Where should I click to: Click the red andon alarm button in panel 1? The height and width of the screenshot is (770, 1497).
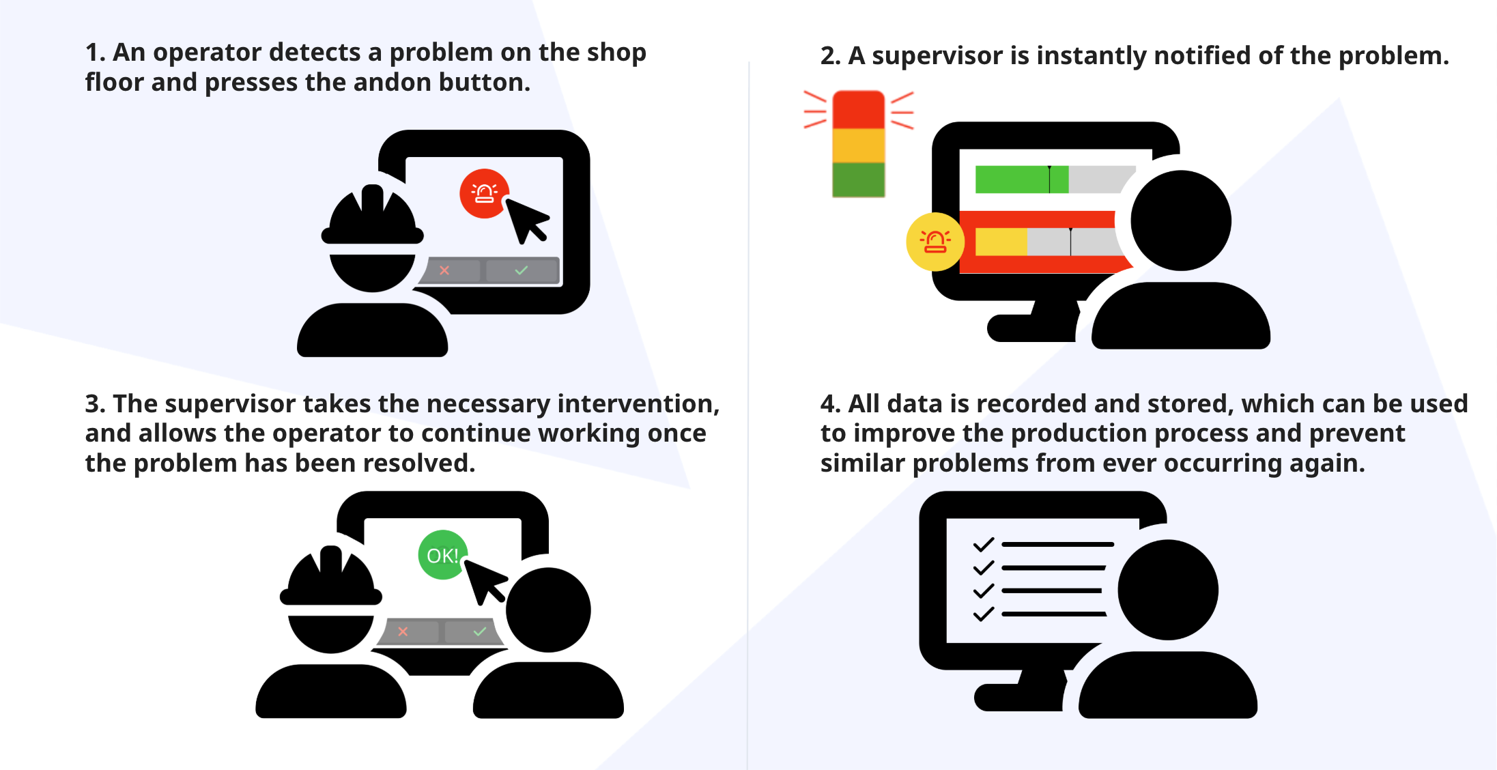coord(484,193)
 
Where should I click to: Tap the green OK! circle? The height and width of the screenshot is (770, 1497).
coord(442,555)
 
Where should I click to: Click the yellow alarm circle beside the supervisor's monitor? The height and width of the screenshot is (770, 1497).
coord(935,242)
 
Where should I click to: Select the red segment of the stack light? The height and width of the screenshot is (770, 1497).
coord(858,109)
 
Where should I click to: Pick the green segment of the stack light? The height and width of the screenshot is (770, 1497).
coord(858,180)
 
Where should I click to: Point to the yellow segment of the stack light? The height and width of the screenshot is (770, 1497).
coord(858,145)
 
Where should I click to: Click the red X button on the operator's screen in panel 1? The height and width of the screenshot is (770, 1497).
coord(444,270)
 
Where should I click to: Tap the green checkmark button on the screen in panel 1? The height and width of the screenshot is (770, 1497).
coord(522,270)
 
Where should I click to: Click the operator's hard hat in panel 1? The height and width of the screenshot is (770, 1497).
coord(372,215)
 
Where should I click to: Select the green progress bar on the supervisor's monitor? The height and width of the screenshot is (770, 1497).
coord(1021,180)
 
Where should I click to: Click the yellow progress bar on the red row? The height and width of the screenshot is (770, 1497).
coord(1001,242)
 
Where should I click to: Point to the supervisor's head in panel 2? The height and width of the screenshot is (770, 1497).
coord(1180,220)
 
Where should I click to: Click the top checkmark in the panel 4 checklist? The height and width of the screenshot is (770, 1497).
coord(983,545)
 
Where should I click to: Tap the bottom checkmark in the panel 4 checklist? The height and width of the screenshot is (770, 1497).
coord(983,614)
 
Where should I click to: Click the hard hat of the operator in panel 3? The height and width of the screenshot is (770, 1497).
coord(331,576)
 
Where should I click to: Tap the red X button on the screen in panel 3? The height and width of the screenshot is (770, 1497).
coord(403,631)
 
